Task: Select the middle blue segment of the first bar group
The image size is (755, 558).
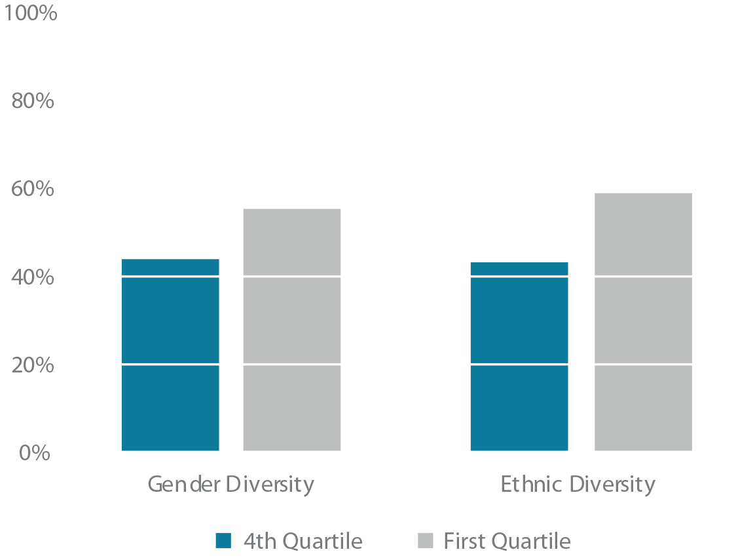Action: (x=160, y=320)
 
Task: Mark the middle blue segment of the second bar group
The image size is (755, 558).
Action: (x=511, y=320)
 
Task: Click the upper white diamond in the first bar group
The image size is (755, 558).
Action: (x=231, y=276)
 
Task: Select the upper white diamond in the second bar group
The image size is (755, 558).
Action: (x=581, y=276)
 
